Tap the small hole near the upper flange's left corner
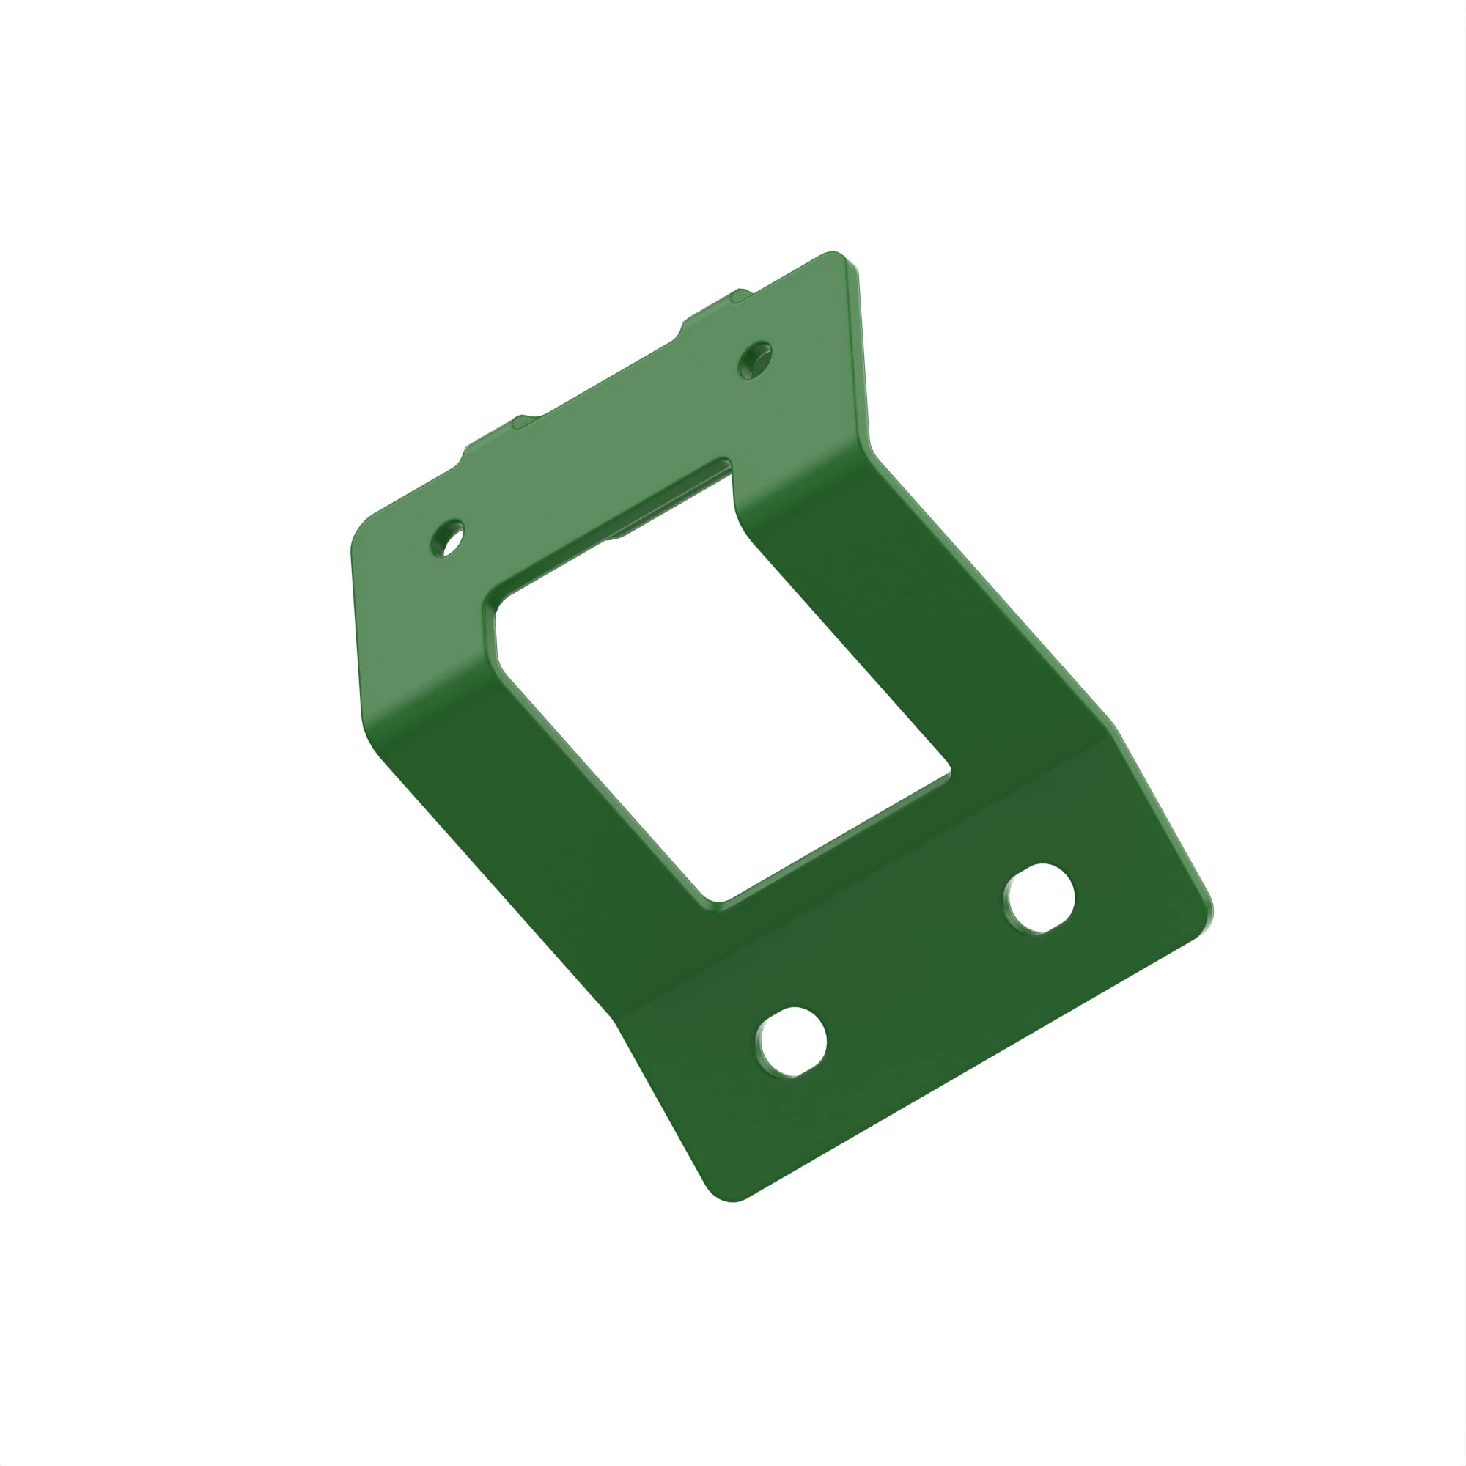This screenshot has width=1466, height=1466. tap(447, 538)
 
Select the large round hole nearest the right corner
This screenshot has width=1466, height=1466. tap(1039, 899)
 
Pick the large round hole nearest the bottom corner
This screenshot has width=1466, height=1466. tap(792, 1041)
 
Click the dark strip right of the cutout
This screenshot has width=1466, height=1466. tap(910, 607)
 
